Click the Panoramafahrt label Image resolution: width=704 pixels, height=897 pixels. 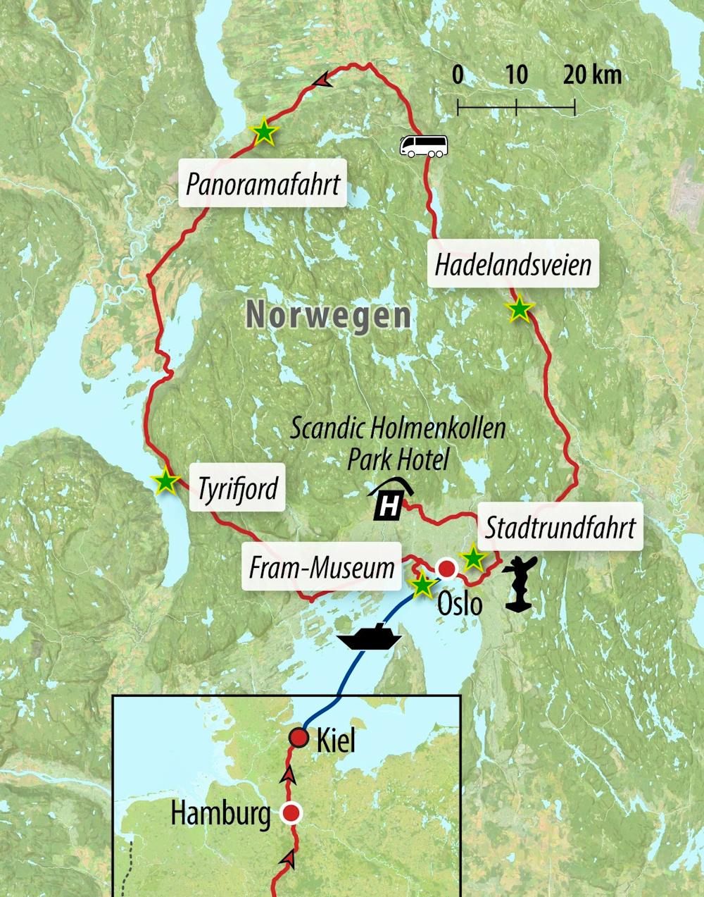click(x=263, y=184)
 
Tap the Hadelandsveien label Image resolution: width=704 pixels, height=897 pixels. click(x=513, y=264)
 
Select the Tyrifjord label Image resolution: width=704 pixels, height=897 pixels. click(x=237, y=488)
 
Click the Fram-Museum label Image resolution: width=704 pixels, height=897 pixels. click(x=321, y=567)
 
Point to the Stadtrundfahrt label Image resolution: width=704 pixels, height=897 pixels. click(x=560, y=527)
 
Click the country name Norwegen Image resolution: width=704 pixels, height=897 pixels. click(x=328, y=314)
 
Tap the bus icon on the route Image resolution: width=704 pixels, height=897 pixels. click(x=423, y=146)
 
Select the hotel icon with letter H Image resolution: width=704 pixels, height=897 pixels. click(x=390, y=500)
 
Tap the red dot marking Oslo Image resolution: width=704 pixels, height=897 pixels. click(x=446, y=568)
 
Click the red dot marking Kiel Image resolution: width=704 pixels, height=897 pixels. click(x=299, y=738)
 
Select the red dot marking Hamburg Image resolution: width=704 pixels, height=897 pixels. click(x=291, y=813)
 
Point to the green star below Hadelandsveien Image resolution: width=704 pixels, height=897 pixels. click(x=519, y=309)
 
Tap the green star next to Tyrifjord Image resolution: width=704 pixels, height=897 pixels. click(x=165, y=481)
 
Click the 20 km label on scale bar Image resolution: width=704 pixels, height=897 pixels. click(x=591, y=75)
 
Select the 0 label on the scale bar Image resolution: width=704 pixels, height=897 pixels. click(x=458, y=75)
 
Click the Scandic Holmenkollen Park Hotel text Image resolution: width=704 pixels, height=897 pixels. click(x=398, y=443)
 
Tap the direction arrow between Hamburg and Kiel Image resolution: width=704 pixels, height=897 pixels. click(x=287, y=776)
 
